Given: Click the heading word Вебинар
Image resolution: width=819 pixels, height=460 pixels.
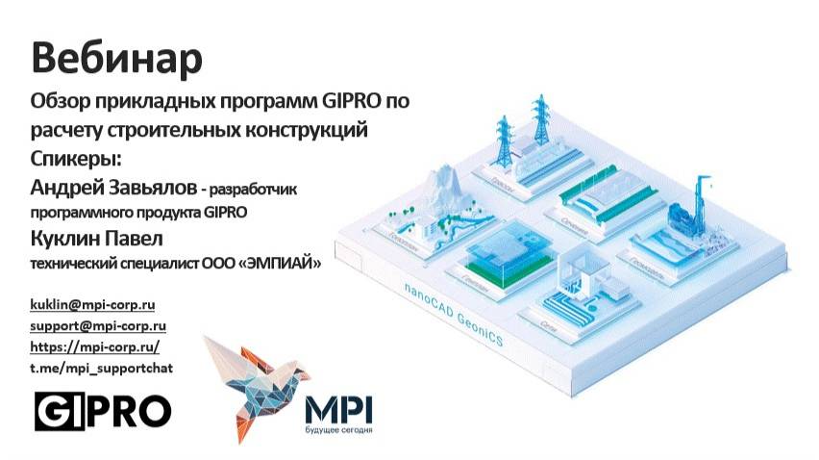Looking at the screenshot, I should point(117,58).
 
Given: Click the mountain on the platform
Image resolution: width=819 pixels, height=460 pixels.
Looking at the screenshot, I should point(439,192).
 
